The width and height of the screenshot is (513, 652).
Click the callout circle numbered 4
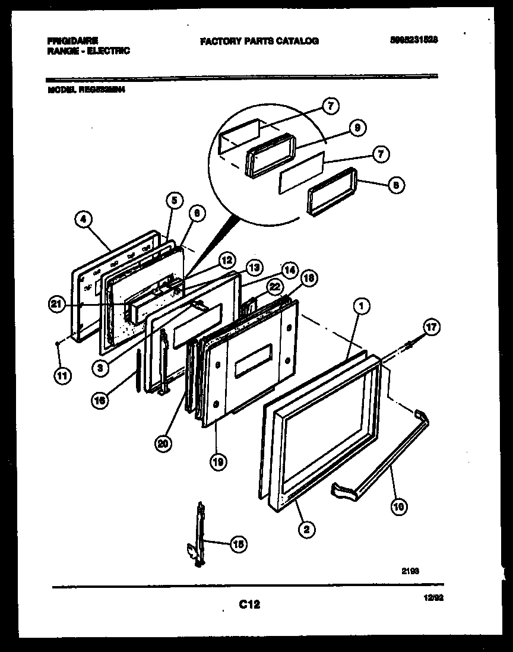click(x=84, y=221)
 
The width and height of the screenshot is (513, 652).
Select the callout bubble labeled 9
click(x=357, y=127)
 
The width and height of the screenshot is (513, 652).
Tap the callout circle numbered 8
click(x=396, y=185)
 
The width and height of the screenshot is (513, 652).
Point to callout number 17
click(x=432, y=327)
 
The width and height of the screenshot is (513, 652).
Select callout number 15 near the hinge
click(x=238, y=543)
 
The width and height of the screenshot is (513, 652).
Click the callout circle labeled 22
click(x=273, y=287)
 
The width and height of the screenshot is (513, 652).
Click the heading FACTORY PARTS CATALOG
click(x=259, y=41)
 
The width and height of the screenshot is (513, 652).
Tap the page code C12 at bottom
click(x=249, y=604)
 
